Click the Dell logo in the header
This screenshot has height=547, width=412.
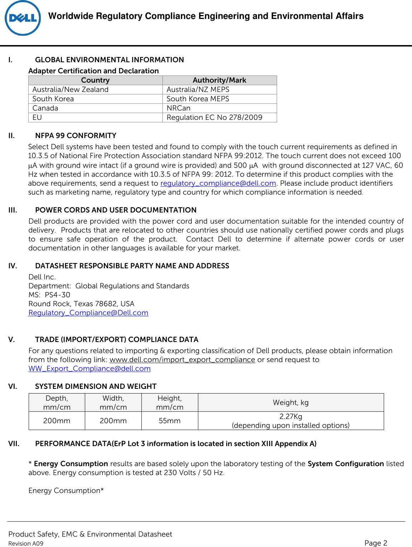click(x=23, y=18)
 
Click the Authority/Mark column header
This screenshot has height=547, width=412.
click(x=219, y=80)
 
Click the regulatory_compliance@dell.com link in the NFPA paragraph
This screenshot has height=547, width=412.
click(x=218, y=183)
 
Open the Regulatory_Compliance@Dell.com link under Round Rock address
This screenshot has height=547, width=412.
click(x=88, y=313)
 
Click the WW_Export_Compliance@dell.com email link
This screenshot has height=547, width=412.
click(x=89, y=368)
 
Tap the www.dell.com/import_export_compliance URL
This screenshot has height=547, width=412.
click(x=182, y=360)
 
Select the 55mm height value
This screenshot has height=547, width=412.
click(x=170, y=421)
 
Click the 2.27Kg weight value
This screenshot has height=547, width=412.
click(x=291, y=416)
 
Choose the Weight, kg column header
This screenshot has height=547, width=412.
click(x=291, y=402)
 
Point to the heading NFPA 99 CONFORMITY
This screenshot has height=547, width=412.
click(x=76, y=136)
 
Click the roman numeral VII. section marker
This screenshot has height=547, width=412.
click(x=14, y=444)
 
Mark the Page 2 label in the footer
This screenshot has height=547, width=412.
click(x=375, y=543)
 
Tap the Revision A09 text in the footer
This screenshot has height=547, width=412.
click(x=26, y=543)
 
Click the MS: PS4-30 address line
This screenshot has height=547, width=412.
click(x=49, y=295)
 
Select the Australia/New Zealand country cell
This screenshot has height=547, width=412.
click(x=70, y=89)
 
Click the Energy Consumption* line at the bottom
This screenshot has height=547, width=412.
click(x=66, y=490)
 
